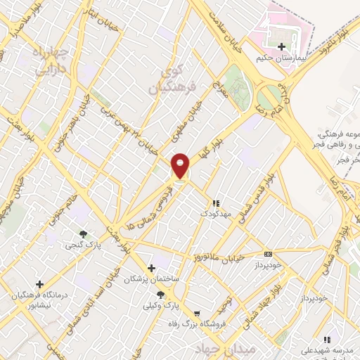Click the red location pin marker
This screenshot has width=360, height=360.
click(x=181, y=166)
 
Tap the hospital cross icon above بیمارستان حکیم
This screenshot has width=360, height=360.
click(x=282, y=46)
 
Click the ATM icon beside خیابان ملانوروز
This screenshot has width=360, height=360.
click(x=267, y=254)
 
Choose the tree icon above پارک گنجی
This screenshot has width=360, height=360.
click(x=84, y=234)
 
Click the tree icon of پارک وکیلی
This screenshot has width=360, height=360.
click(x=160, y=295)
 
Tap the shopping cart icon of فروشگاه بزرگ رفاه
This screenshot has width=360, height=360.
click(x=196, y=313)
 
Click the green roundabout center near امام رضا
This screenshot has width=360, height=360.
click(x=271, y=96)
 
